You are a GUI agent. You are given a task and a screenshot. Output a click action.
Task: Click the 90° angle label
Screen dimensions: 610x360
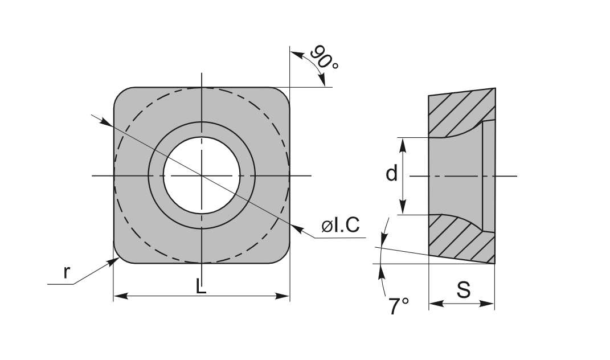coord(324,57)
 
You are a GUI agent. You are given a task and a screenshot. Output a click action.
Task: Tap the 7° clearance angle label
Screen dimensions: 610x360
coord(398,306)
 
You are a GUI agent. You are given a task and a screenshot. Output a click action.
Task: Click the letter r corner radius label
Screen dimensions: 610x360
coord(67,272)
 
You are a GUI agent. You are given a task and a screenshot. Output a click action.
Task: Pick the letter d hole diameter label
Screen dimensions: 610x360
coord(391,173)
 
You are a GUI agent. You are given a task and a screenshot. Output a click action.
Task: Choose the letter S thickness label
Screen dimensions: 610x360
coord(463,289)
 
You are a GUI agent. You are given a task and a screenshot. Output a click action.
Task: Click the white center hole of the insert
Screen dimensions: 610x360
coord(202,175)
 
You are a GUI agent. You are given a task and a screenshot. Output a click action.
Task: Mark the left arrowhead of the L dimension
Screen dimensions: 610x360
coord(120,296)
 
